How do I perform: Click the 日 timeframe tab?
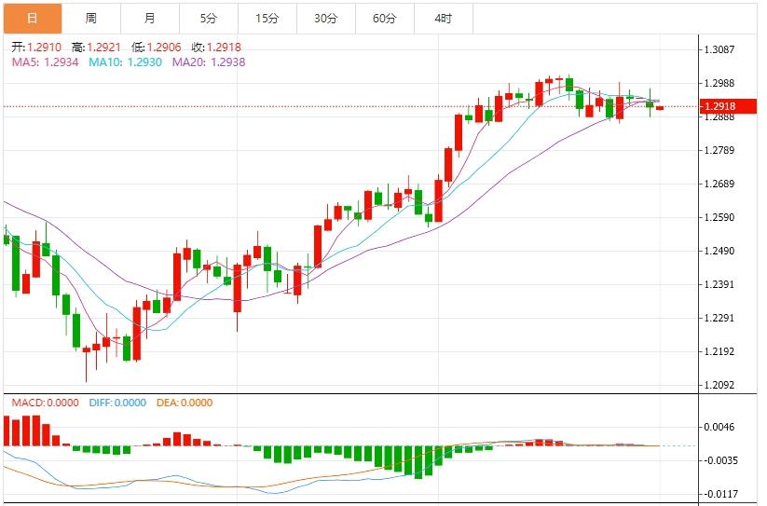click(33, 18)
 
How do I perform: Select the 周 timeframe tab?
click(90, 18)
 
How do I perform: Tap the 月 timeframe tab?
click(150, 18)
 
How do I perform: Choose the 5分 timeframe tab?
click(209, 18)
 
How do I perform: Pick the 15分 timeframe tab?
click(267, 18)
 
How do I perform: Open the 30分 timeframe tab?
click(326, 18)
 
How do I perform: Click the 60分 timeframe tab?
click(384, 18)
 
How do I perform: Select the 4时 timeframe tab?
click(443, 18)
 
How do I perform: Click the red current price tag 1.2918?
click(720, 106)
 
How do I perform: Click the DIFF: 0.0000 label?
click(117, 403)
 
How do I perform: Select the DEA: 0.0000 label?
click(186, 403)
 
